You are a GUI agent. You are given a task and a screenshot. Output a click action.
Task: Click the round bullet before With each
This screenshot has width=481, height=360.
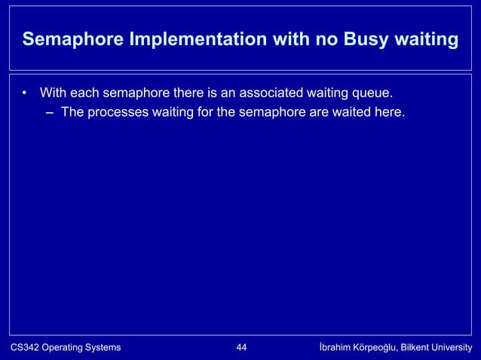click(25, 94)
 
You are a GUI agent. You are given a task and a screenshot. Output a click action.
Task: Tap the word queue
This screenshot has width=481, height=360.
click(373, 93)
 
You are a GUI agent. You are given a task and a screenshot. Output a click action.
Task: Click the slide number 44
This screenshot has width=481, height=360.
click(242, 347)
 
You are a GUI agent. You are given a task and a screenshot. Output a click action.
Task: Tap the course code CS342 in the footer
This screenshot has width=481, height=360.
click(23, 347)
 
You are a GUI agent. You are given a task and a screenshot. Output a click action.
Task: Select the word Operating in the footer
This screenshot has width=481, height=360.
click(63, 347)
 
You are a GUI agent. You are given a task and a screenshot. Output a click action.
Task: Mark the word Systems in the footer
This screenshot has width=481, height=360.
click(104, 347)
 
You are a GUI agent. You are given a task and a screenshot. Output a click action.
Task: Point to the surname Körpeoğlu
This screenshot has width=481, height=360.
click(381, 347)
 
